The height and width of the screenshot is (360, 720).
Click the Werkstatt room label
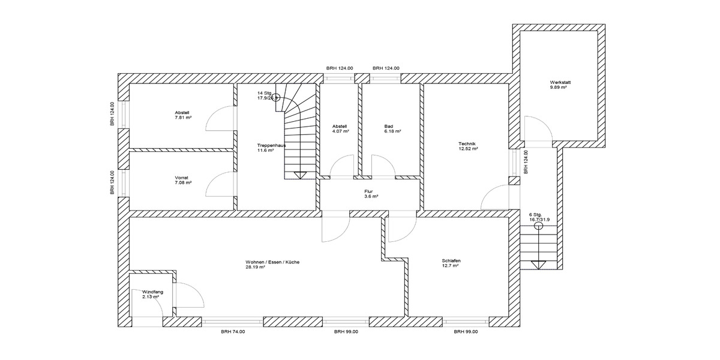(x=558, y=82)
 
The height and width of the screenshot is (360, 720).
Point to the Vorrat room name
(x=182, y=178)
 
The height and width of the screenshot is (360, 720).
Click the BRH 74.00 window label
(x=233, y=332)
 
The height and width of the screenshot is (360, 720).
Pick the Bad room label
(x=388, y=126)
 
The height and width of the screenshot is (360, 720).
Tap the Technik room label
(x=467, y=144)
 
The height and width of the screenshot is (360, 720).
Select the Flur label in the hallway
(x=368, y=191)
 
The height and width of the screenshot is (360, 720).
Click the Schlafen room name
(x=451, y=261)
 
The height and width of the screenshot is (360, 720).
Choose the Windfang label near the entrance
(x=153, y=292)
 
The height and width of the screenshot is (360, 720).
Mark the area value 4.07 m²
(x=340, y=131)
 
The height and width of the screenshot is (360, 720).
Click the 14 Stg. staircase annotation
(x=265, y=94)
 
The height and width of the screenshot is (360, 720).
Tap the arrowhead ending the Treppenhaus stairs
(x=300, y=175)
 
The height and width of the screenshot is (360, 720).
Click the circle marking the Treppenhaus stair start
(x=277, y=99)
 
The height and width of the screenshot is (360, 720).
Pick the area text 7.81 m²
(x=183, y=118)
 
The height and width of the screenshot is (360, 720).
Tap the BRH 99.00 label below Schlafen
(x=466, y=332)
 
